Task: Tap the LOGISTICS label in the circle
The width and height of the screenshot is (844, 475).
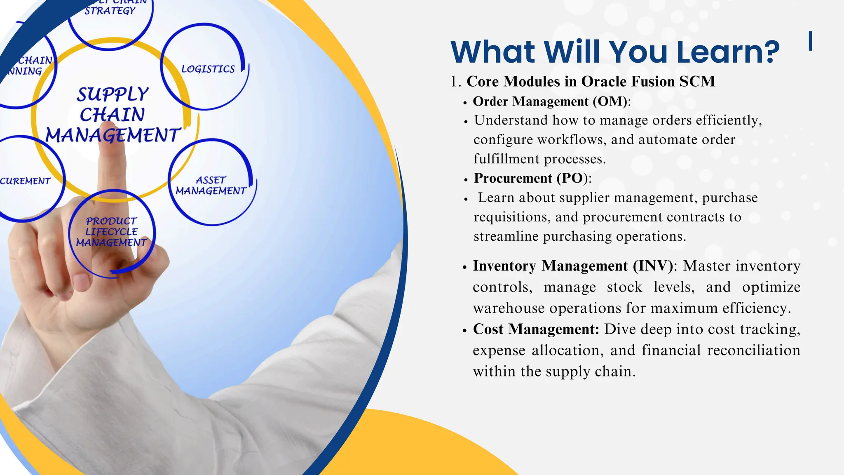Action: point(208,69)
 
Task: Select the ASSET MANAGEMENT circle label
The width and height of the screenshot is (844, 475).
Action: point(211,186)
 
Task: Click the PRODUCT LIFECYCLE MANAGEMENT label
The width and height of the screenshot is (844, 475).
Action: point(111,232)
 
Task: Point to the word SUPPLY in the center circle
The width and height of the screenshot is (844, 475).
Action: point(113,94)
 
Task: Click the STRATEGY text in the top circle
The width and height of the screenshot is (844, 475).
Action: point(110,10)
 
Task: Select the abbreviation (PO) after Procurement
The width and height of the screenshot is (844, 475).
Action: point(572,178)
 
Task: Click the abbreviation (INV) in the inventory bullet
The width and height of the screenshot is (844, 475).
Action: point(653,266)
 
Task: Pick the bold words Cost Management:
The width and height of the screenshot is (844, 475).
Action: point(536,329)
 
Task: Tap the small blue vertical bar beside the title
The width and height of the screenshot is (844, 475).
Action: point(810,41)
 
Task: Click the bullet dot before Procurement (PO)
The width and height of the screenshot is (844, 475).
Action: point(465,180)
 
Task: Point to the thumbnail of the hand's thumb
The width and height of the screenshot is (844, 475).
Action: point(81,282)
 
